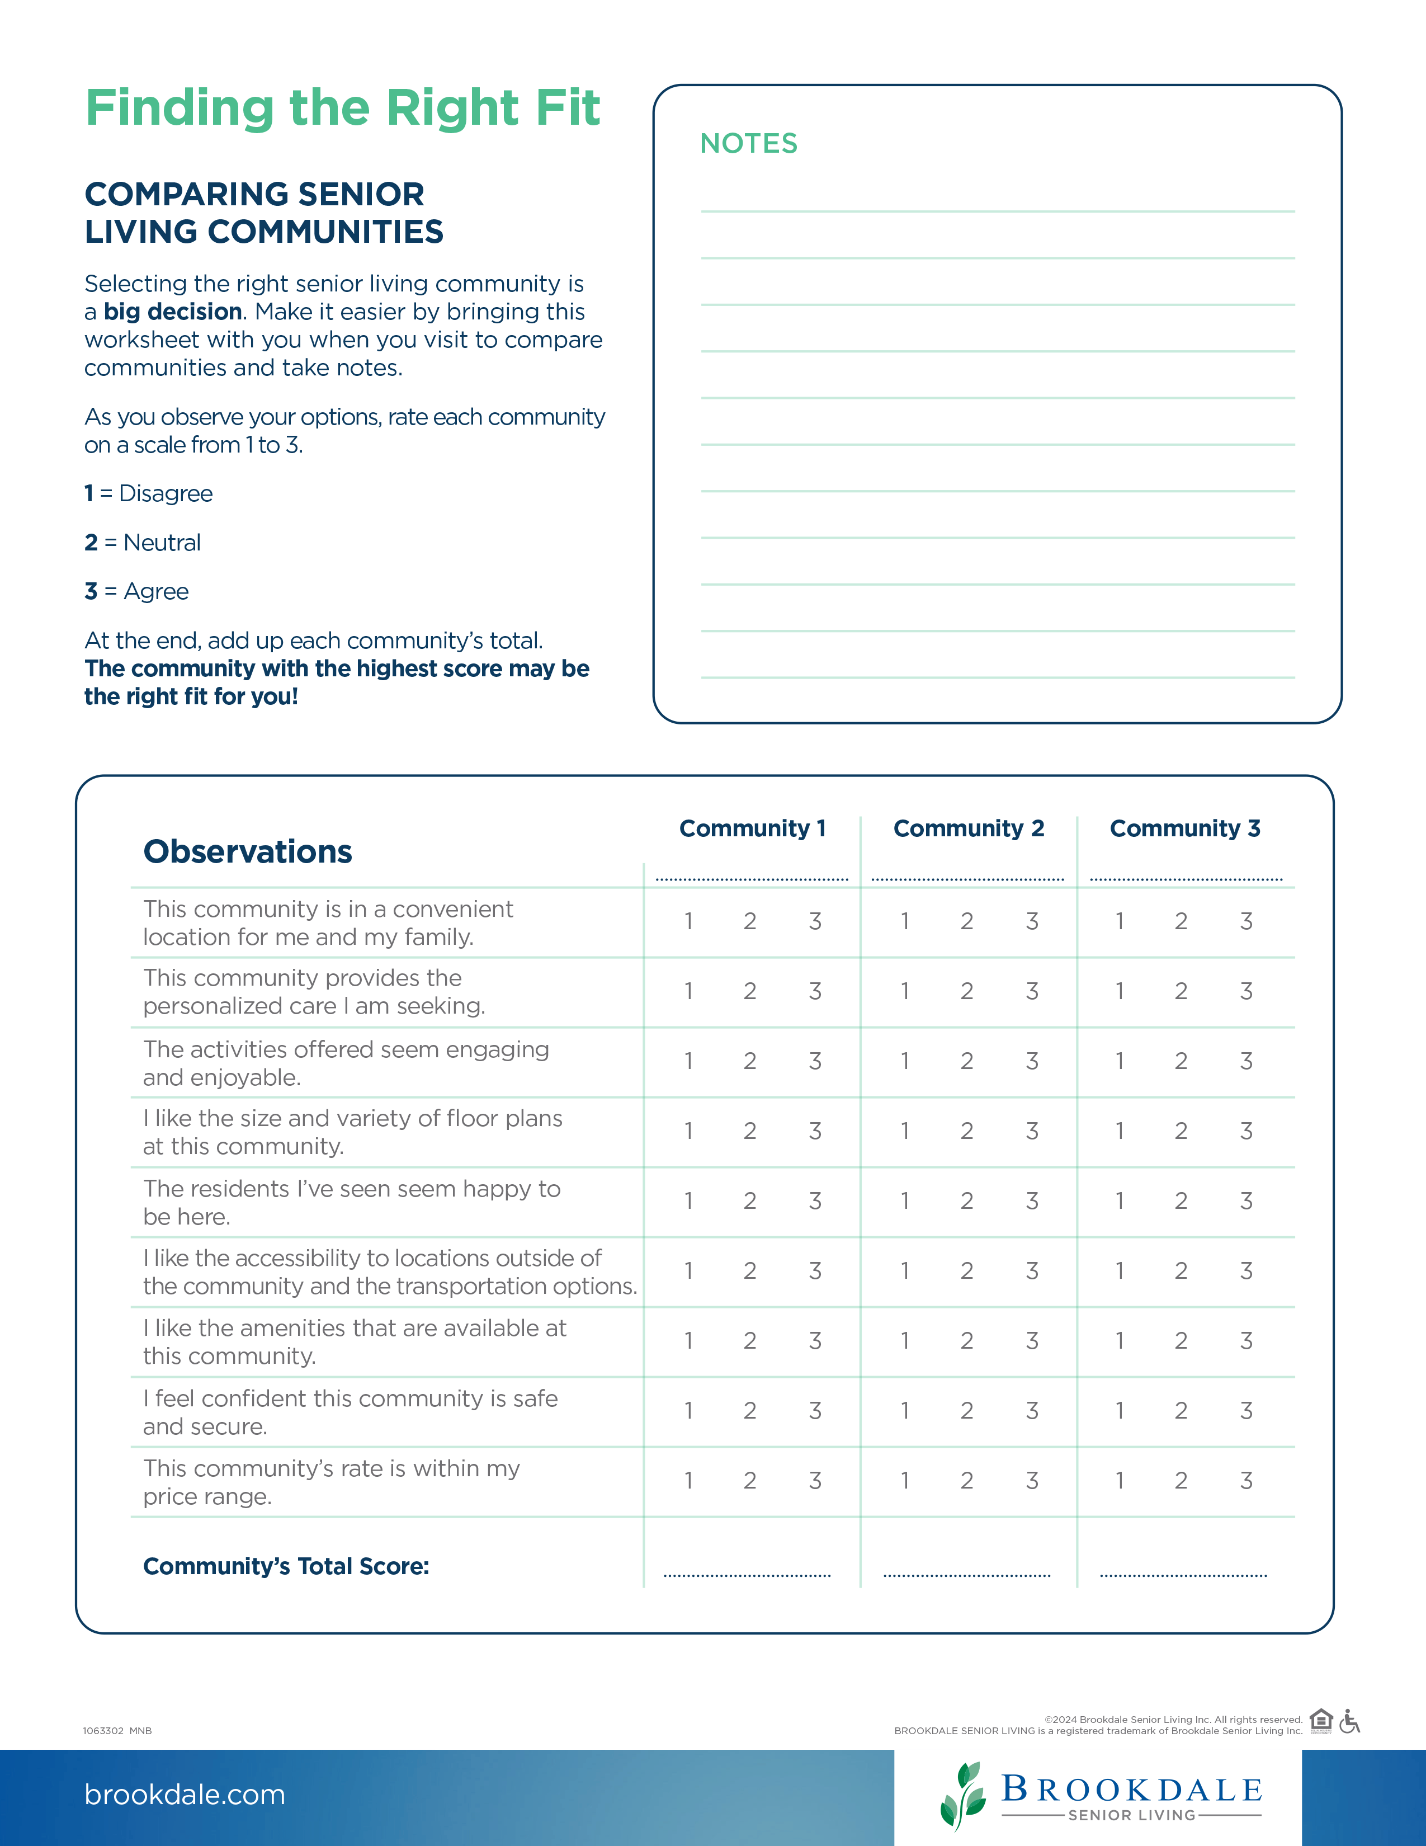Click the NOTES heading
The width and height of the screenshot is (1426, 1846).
coord(748,144)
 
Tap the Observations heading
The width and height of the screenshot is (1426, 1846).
coord(248,851)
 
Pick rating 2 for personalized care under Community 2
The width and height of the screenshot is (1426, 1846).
coord(966,991)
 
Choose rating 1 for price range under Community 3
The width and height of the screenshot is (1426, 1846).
coord(1120,1481)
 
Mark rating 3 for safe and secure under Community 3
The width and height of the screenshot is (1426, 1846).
coord(1245,1411)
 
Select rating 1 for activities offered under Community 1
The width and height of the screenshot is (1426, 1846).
coord(688,1062)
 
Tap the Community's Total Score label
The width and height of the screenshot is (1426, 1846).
coord(286,1566)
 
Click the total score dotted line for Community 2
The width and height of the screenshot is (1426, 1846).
coord(966,1575)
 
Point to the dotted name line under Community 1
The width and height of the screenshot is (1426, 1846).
coord(751,879)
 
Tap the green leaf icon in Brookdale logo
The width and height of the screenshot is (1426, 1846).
coord(963,1795)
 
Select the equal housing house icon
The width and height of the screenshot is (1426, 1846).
coord(1320,1721)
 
